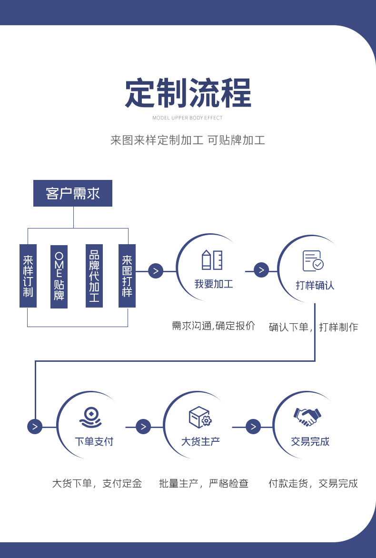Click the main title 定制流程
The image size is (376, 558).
pos(188,93)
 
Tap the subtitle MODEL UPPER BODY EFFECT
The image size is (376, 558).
pos(188,118)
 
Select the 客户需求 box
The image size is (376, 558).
pos(73,193)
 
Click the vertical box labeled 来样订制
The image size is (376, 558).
pos(28,276)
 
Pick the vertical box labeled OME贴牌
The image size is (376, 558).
pos(59,277)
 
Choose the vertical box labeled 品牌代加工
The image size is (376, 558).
pos(94,276)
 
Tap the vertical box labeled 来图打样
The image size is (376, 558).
pos(127,276)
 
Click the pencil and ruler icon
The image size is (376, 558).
pos(213,259)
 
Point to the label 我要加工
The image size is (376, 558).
pos(214,284)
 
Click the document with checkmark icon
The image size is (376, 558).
pos(313,261)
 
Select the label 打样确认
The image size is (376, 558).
pos(315,285)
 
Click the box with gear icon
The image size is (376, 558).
pos(200,417)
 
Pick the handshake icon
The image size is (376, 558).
pos(307,417)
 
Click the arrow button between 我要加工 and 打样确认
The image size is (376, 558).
pos(261,270)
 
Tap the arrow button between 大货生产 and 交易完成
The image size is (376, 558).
pos(253,427)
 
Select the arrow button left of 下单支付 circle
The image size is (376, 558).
pos(35,427)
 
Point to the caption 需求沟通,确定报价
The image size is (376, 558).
pos(214,326)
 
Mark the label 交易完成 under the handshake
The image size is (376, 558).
pos(310,441)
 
